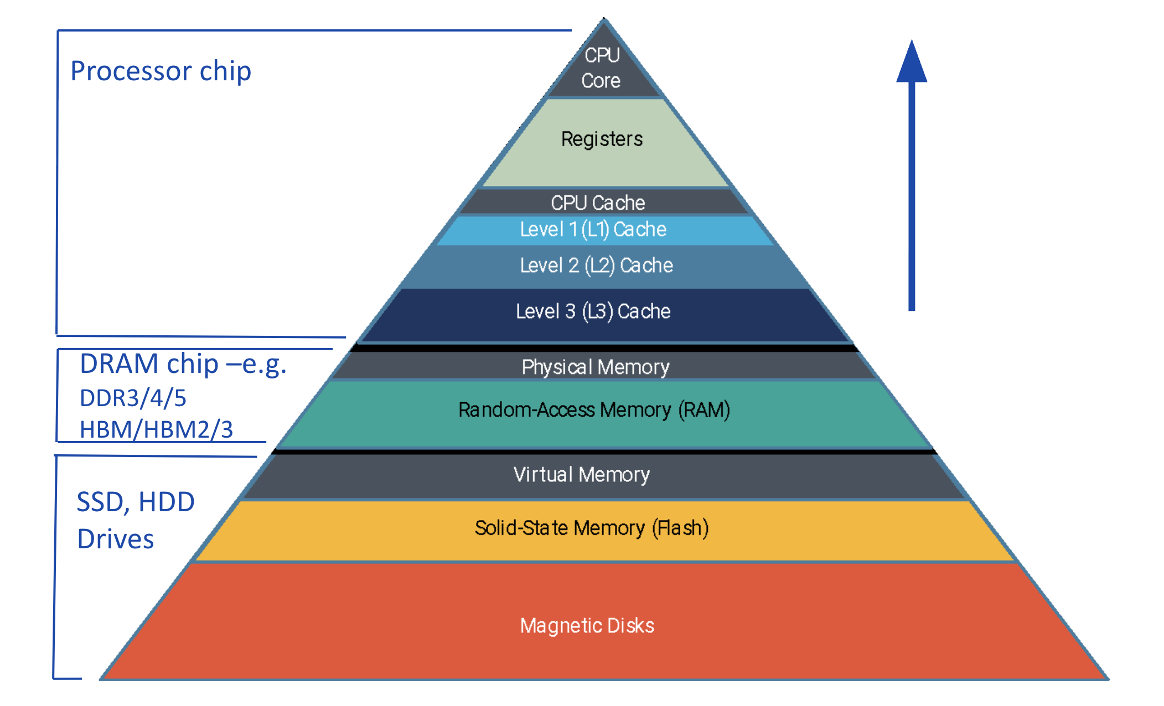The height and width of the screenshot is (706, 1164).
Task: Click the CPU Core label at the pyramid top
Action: point(602,68)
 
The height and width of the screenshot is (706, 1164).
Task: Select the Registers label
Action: point(602,139)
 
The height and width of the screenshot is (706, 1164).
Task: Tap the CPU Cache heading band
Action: point(598,203)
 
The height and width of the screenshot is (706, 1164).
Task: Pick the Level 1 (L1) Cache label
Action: point(593,229)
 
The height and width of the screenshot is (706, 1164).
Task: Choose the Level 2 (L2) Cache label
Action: point(596,266)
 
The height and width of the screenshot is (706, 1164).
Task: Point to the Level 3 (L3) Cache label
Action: point(593,311)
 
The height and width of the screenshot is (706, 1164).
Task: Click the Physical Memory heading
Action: point(596,367)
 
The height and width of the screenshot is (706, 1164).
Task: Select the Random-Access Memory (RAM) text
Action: point(594,410)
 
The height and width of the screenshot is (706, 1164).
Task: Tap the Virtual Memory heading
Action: point(581,475)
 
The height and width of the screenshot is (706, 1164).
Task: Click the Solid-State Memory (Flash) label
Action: point(591,528)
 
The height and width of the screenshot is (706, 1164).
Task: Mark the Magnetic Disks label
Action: point(587,626)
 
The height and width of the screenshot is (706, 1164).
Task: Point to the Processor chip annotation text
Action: point(161,71)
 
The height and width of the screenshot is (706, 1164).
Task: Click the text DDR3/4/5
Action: point(133,398)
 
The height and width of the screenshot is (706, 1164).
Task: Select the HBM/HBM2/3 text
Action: point(156,430)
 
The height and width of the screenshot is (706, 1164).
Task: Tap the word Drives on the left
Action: point(115,539)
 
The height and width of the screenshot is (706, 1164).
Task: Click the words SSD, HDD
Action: point(136,502)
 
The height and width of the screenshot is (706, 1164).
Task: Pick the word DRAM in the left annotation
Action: point(119,364)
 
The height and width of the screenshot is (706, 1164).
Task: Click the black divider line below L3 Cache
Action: point(603,348)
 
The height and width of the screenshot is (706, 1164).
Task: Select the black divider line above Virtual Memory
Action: point(603,452)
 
